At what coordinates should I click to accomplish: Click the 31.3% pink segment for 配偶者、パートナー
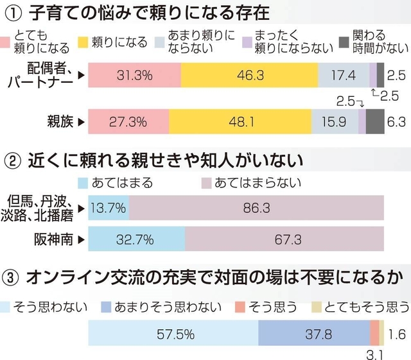tap(134, 75)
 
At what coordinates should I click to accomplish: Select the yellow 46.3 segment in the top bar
tap(249, 75)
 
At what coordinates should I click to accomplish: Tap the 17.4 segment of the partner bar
tap(344, 75)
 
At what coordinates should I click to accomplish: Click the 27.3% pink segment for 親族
tap(128, 121)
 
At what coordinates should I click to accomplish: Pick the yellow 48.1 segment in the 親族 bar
tap(240, 121)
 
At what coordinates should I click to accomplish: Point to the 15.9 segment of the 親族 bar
tap(335, 121)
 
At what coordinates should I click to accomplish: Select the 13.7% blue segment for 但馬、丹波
tap(108, 208)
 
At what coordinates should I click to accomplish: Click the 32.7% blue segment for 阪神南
tap(136, 241)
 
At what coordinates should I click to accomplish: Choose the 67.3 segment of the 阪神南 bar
tap(284, 241)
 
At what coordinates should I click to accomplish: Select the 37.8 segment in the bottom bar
tap(314, 334)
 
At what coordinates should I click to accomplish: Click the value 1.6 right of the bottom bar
tap(398, 334)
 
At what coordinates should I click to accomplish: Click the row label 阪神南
tap(54, 241)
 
